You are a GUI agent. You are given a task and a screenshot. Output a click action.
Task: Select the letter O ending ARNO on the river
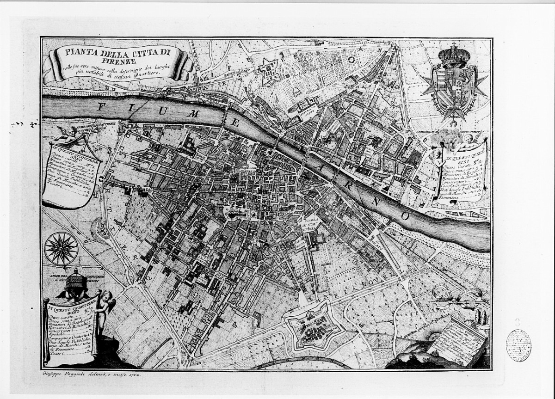click(x=405, y=216)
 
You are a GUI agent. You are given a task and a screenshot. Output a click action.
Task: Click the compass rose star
click(x=61, y=249)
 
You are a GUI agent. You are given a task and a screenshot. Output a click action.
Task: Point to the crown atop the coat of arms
click(x=453, y=55)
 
